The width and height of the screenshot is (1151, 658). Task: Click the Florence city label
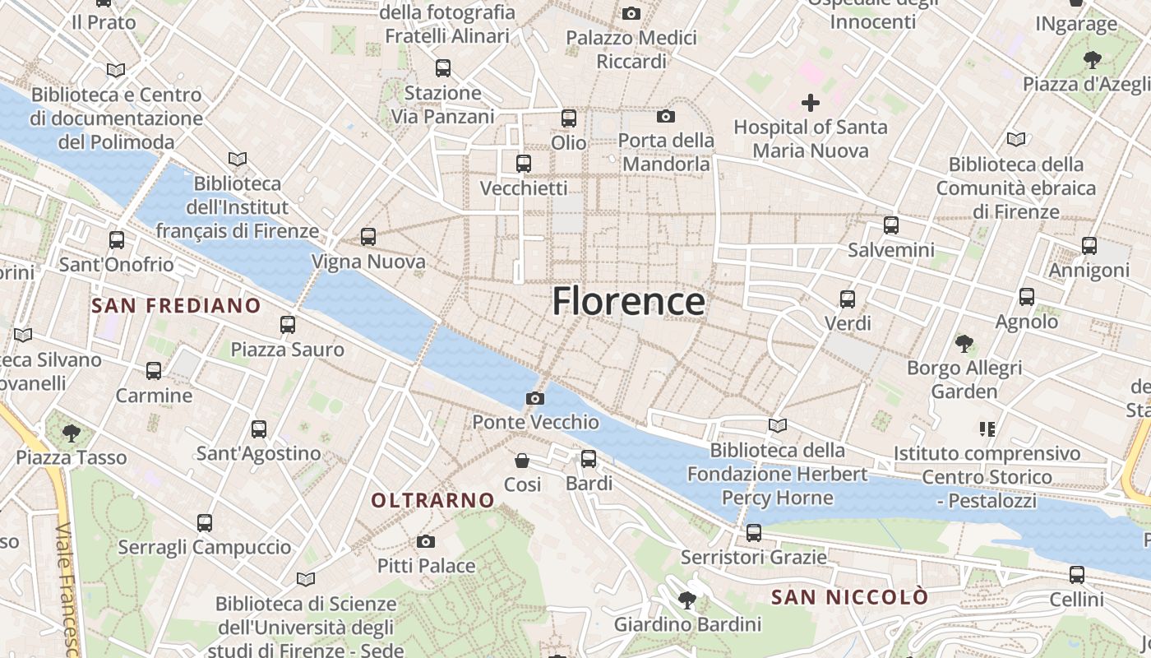(628, 302)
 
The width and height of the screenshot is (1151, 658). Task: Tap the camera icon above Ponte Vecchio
(534, 399)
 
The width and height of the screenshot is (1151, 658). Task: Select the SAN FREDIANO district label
(176, 306)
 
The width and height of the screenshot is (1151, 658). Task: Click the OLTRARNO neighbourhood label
(432, 500)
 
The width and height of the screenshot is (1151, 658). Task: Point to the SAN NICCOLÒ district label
(849, 597)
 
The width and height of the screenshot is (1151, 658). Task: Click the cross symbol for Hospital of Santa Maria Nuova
(811, 103)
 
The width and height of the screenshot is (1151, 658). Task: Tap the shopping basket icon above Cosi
(522, 460)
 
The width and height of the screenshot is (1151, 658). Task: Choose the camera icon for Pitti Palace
(425, 541)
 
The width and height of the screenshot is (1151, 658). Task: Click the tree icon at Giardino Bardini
(686, 600)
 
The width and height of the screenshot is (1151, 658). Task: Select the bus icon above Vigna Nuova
(368, 237)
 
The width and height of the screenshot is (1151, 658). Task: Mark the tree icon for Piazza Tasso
(72, 432)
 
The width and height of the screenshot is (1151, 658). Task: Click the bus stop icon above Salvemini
(891, 225)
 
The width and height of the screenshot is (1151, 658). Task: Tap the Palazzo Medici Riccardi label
(631, 49)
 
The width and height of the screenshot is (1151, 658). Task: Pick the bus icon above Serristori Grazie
(753, 532)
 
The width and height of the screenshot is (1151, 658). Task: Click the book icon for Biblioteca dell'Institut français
(238, 159)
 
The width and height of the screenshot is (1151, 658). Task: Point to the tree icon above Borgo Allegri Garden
(964, 343)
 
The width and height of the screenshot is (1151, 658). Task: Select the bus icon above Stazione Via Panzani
(443, 67)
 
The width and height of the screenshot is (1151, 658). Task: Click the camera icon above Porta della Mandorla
(665, 117)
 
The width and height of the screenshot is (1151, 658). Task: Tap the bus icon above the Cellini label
(1077, 575)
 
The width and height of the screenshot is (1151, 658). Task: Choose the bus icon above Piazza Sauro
(287, 324)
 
